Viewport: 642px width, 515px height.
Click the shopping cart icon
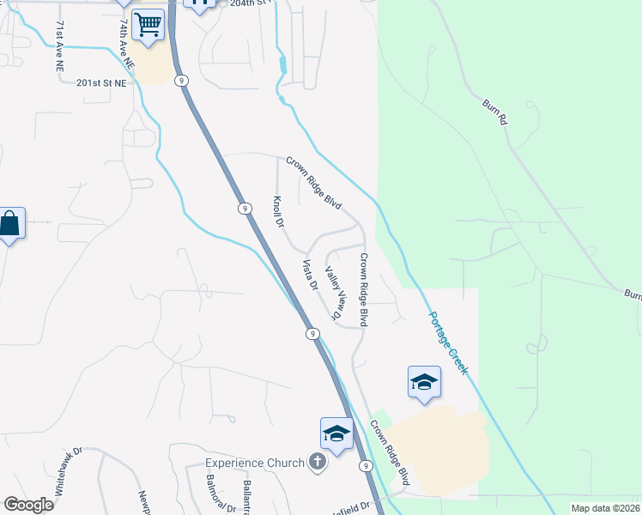(x=148, y=25)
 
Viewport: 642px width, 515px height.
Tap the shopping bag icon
(x=9, y=224)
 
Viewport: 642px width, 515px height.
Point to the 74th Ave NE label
(x=125, y=45)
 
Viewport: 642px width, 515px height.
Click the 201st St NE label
(x=100, y=83)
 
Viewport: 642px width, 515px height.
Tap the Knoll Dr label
(x=278, y=211)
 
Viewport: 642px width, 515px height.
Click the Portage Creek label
(x=449, y=342)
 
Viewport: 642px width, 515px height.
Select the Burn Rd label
(x=494, y=113)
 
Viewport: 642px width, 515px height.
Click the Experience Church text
(x=255, y=463)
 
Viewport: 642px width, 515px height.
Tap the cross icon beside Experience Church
(x=318, y=463)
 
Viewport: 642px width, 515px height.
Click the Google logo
(x=28, y=505)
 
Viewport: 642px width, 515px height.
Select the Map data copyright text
(x=605, y=508)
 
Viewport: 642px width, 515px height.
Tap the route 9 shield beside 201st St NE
(x=181, y=80)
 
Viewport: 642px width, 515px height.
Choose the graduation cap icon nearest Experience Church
(x=337, y=434)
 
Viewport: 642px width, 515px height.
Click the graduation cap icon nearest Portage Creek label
(x=424, y=383)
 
